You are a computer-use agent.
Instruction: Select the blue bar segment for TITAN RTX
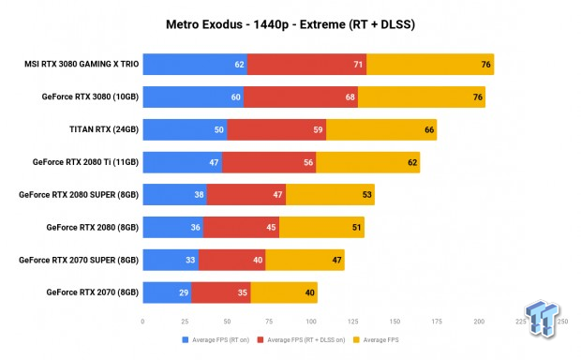tap(183, 129)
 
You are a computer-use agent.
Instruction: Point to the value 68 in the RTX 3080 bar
tap(350, 97)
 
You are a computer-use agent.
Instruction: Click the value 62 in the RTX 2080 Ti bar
tap(412, 162)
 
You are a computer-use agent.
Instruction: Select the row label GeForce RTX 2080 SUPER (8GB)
tap(79, 194)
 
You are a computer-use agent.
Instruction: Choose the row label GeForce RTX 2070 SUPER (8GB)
tap(79, 260)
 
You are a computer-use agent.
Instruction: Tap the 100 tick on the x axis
tap(310, 321)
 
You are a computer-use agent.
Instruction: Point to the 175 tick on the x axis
tap(437, 321)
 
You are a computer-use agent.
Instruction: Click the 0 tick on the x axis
tap(142, 321)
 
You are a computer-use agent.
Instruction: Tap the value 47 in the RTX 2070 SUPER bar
tap(337, 260)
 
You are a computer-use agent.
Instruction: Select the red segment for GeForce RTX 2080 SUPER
tap(246, 194)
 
